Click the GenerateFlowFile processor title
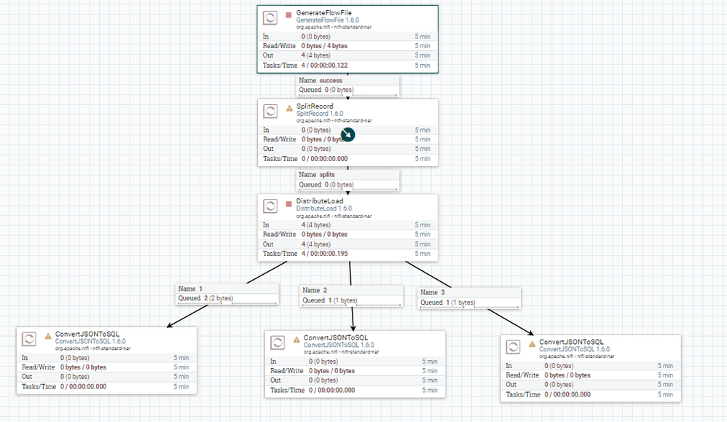coord(320,14)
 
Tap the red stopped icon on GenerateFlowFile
coord(289,14)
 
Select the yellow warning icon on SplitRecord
coord(289,108)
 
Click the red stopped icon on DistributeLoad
coord(289,203)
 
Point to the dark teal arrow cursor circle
coord(348,135)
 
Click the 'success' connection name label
coord(330,80)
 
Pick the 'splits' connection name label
coord(327,175)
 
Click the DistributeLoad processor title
coord(319,201)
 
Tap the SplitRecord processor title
coord(315,106)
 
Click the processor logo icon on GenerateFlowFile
coord(270,18)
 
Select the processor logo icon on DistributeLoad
coord(270,206)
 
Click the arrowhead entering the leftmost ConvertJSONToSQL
coord(168,327)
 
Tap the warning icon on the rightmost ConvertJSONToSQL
coord(533,343)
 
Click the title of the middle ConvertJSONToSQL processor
coord(336,337)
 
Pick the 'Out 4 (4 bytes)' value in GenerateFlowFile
coord(316,55)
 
